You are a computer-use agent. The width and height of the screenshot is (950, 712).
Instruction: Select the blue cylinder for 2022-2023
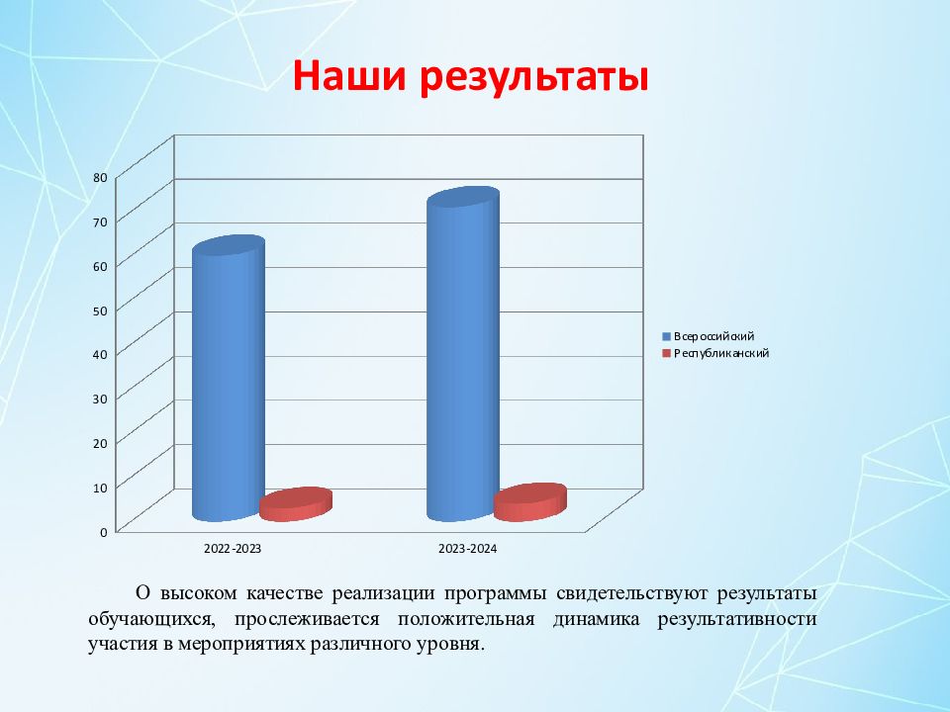pyautogui.click(x=229, y=378)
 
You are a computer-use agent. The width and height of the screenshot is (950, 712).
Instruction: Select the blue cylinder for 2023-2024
pyautogui.click(x=463, y=354)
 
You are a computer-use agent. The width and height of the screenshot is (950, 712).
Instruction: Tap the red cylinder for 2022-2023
pyautogui.click(x=296, y=504)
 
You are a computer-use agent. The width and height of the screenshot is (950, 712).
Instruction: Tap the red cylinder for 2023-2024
pyautogui.click(x=530, y=502)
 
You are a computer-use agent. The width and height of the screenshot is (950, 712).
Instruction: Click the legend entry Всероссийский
pyautogui.click(x=713, y=336)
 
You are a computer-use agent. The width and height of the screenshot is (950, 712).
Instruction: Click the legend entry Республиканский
pyautogui.click(x=721, y=354)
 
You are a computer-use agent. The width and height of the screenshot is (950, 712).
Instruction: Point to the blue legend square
pyautogui.click(x=666, y=336)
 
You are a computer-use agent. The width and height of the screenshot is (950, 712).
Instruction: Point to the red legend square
pyautogui.click(x=666, y=354)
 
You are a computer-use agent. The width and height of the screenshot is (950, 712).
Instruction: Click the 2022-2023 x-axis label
pyautogui.click(x=233, y=549)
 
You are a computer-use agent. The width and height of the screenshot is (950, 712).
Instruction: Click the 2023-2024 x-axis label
pyautogui.click(x=468, y=549)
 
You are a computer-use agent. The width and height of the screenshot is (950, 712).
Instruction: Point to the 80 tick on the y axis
pyautogui.click(x=101, y=177)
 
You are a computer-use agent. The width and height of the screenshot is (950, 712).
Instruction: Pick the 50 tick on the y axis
pyautogui.click(x=101, y=311)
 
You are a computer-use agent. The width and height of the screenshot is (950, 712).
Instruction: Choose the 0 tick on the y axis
pyautogui.click(x=104, y=532)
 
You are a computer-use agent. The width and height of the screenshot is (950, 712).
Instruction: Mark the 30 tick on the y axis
pyautogui.click(x=101, y=399)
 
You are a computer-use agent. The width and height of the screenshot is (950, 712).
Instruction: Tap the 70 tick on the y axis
pyautogui.click(x=101, y=222)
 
